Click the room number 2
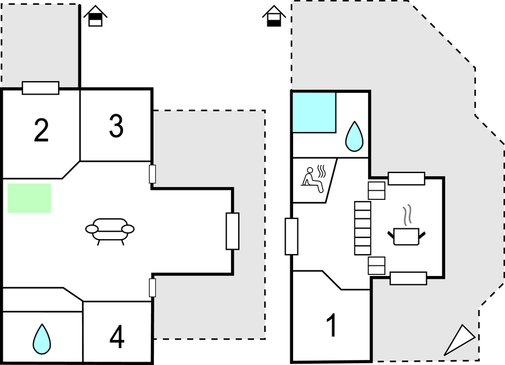[40, 130]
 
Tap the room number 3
[116, 127]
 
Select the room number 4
[117, 336]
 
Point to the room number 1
[332, 326]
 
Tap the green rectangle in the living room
[30, 198]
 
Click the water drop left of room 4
[41, 339]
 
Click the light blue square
[314, 113]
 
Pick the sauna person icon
[314, 179]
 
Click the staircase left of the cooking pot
[363, 227]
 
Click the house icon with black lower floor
[273, 17]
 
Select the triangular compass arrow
[460, 340]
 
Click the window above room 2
[40, 88]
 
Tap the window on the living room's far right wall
[232, 231]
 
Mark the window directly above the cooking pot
[407, 179]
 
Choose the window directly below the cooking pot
[408, 278]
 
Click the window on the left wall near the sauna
[291, 236]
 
